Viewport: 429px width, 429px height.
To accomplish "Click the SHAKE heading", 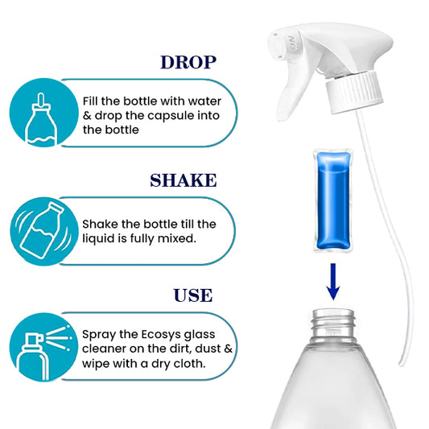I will pyautogui.click(x=184, y=179).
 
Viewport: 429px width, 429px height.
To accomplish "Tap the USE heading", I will pyautogui.click(x=192, y=295).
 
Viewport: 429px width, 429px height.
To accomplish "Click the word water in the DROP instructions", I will pyautogui.click(x=216, y=101).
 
